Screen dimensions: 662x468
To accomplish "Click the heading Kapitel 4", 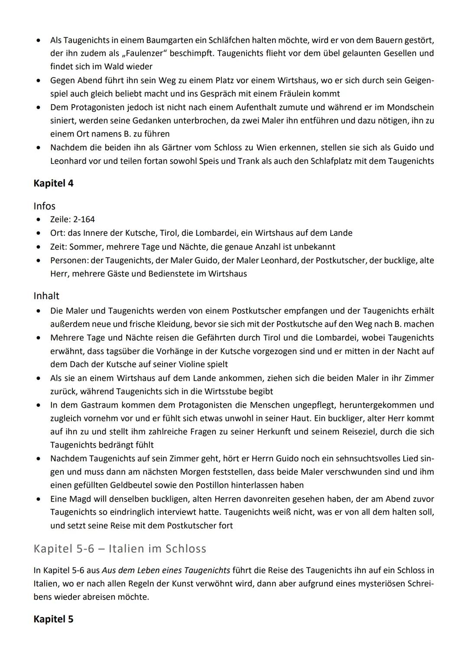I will pyautogui.click(x=53, y=183).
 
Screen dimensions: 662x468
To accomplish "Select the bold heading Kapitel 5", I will pyautogui.click(x=53, y=619).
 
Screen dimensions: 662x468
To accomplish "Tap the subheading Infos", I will pyautogui.click(x=45, y=206).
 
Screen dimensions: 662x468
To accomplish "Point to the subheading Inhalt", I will pyautogui.click(x=46, y=296).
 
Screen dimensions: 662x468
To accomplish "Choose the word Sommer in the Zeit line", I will pyautogui.click(x=85, y=247).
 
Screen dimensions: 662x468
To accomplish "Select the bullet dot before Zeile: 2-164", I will pyautogui.click(x=39, y=220).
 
